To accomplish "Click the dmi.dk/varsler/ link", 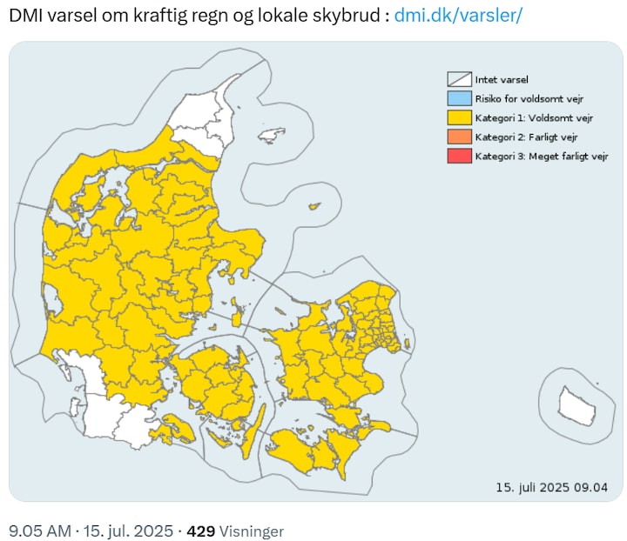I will point(458,17).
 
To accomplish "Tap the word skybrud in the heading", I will point(347,17).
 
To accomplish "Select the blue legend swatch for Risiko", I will point(458,98).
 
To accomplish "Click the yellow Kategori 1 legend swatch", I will point(458,117).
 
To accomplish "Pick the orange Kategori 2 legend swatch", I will point(458,137).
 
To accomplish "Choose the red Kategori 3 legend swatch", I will point(458,156).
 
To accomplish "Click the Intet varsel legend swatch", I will point(458,79).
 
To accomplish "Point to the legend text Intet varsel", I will point(502,79).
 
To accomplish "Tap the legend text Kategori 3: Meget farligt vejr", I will point(541,156).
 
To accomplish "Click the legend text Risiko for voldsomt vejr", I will point(522,98).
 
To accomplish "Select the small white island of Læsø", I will point(272,137).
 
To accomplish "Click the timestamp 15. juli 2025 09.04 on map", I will point(551,486).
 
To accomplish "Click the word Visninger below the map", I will point(251,530).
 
